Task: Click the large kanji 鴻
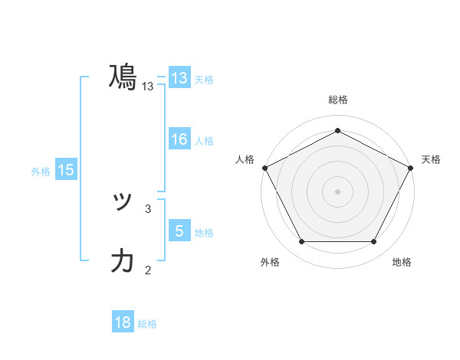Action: [123, 77]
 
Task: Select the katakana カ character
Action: [123, 260]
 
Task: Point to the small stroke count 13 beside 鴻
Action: [148, 87]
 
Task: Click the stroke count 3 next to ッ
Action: [148, 208]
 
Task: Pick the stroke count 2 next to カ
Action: [148, 269]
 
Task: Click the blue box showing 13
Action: [179, 77]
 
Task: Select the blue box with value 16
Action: [179, 139]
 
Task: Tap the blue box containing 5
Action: [179, 231]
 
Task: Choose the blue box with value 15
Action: [66, 171]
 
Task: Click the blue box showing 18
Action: [123, 322]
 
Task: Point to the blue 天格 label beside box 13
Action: [203, 80]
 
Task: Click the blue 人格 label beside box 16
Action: [203, 141]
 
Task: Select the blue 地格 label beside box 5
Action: [203, 233]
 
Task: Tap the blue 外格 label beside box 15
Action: [41, 172]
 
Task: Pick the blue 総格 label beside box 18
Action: [147, 324]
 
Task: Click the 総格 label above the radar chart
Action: [337, 100]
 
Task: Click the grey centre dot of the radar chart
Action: [337, 191]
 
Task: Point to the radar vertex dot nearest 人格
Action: [264, 167]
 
